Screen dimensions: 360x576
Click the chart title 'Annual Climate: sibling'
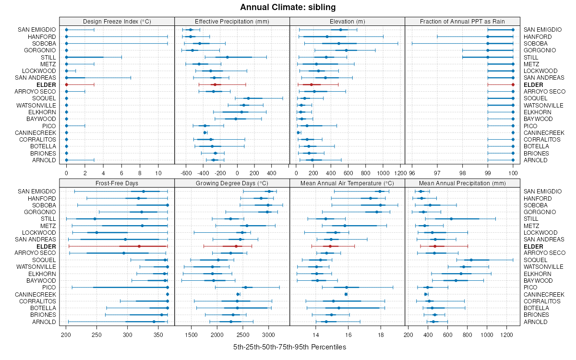click(288, 7)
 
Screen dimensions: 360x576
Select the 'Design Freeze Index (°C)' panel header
click(117, 21)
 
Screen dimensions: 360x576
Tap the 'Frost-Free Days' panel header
click(117, 183)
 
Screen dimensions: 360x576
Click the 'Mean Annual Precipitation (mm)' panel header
click(462, 183)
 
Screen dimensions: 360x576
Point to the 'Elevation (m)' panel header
click(347, 21)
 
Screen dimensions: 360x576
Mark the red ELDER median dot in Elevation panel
click(311, 84)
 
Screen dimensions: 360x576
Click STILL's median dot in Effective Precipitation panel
click(228, 57)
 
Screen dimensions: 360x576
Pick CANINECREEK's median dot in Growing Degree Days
click(238, 294)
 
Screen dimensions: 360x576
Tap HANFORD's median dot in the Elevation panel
click(327, 36)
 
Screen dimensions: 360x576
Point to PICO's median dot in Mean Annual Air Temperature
click(347, 288)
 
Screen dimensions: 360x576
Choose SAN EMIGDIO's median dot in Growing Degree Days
click(269, 192)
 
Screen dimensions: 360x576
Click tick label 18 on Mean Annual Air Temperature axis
click(381, 335)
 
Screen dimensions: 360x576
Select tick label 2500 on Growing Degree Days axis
click(243, 335)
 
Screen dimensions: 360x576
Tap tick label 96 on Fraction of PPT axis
click(412, 173)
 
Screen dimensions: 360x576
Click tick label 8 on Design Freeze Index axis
click(140, 173)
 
